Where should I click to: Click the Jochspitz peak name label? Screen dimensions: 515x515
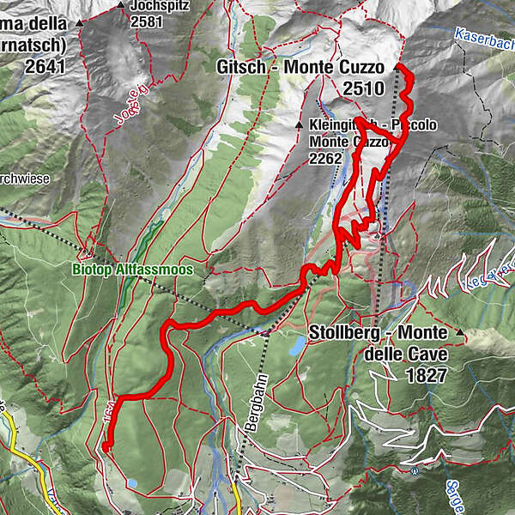click(x=160, y=5)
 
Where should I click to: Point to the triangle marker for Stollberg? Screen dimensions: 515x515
click(x=460, y=332)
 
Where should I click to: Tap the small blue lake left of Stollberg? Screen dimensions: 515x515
click(x=296, y=346)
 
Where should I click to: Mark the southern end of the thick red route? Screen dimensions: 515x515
click(x=108, y=445)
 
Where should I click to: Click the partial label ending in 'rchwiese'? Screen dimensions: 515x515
click(x=24, y=179)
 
